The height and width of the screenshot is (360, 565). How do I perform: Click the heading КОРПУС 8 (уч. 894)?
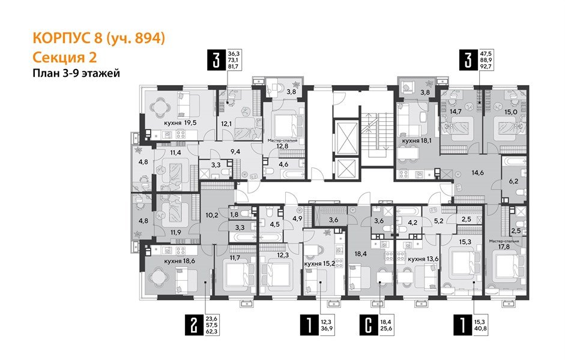point(97,39)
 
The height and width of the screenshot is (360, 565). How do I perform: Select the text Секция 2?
point(63,57)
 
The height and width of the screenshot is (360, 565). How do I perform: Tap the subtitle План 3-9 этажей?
point(76,73)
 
